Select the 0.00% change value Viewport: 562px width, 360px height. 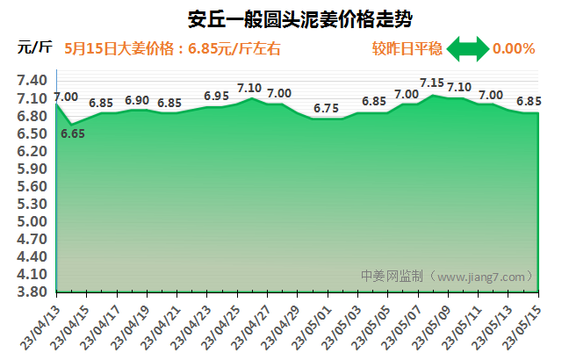tap(514, 48)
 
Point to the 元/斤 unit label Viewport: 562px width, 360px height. tap(34, 48)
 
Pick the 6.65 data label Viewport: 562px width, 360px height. tap(73, 134)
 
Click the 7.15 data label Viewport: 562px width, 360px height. tap(432, 83)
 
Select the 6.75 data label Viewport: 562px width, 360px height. tap(326, 108)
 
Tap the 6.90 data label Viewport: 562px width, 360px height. tap(137, 100)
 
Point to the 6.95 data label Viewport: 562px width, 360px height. tap(216, 96)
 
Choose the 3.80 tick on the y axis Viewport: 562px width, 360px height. tap(32, 292)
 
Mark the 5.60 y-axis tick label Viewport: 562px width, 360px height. tap(32, 186)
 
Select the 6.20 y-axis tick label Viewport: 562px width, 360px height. tap(32, 151)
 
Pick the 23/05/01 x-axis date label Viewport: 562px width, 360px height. tap(311, 328)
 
